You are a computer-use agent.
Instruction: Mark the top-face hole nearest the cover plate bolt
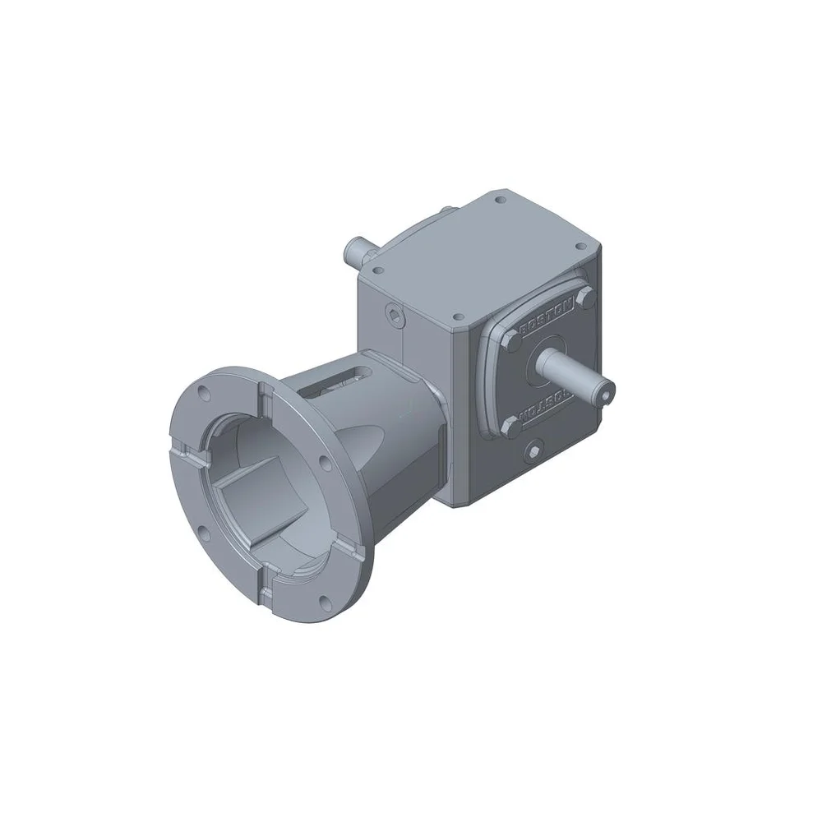pos(453,316)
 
